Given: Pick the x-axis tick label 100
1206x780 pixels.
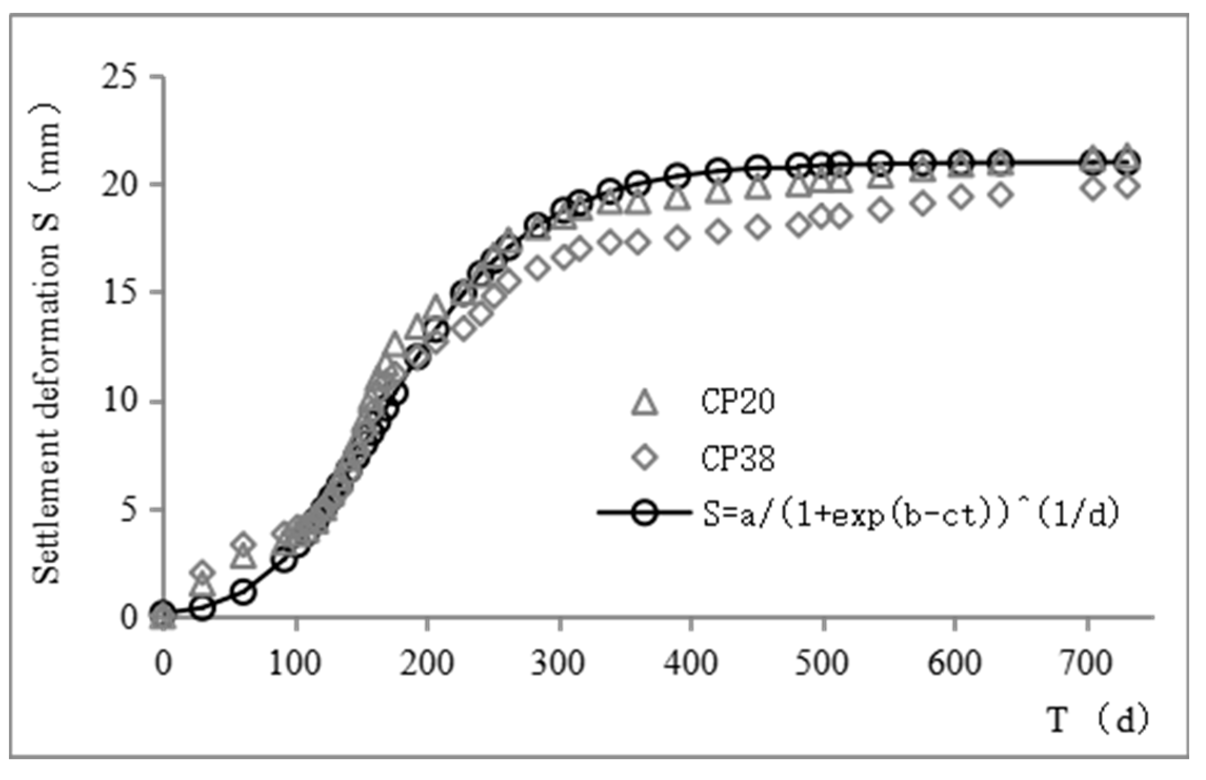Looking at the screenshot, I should point(295,663).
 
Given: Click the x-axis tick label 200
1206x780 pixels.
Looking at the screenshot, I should point(427,663).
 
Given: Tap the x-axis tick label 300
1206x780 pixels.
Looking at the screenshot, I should point(558,663).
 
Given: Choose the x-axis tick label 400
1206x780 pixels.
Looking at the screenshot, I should point(691,663).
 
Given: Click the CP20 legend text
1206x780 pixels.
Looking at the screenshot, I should point(737,402).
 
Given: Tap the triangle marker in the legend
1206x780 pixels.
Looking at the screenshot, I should point(645,403).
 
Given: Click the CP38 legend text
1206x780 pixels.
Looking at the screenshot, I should point(737,458).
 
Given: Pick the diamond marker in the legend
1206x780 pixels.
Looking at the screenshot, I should point(645,457).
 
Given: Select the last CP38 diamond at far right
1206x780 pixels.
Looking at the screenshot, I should point(1127,186).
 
